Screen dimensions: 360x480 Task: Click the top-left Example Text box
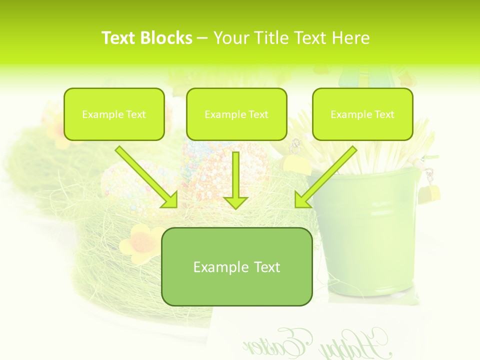click(x=114, y=114)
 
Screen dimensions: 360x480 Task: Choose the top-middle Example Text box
click(x=236, y=114)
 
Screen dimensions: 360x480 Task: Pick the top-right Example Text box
click(x=362, y=114)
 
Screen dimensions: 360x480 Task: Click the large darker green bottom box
click(x=236, y=266)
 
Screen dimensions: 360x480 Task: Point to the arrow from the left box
click(x=145, y=175)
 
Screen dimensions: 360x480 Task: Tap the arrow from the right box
click(x=327, y=175)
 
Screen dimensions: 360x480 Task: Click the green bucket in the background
click(x=370, y=235)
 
